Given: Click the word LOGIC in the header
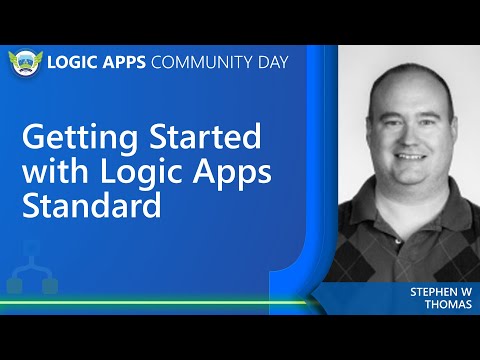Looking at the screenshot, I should (75, 62).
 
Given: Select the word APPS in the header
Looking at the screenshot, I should (124, 62).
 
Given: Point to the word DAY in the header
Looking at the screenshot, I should (270, 62).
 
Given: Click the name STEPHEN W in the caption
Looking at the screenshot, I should (439, 292).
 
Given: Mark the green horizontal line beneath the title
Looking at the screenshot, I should (160, 301).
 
